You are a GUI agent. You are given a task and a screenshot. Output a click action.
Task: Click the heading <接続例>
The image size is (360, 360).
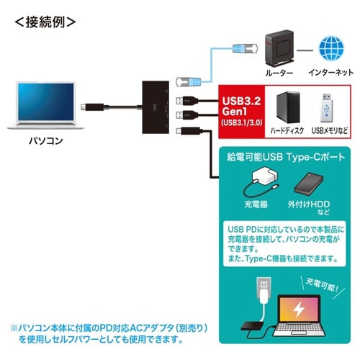point(45,21)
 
